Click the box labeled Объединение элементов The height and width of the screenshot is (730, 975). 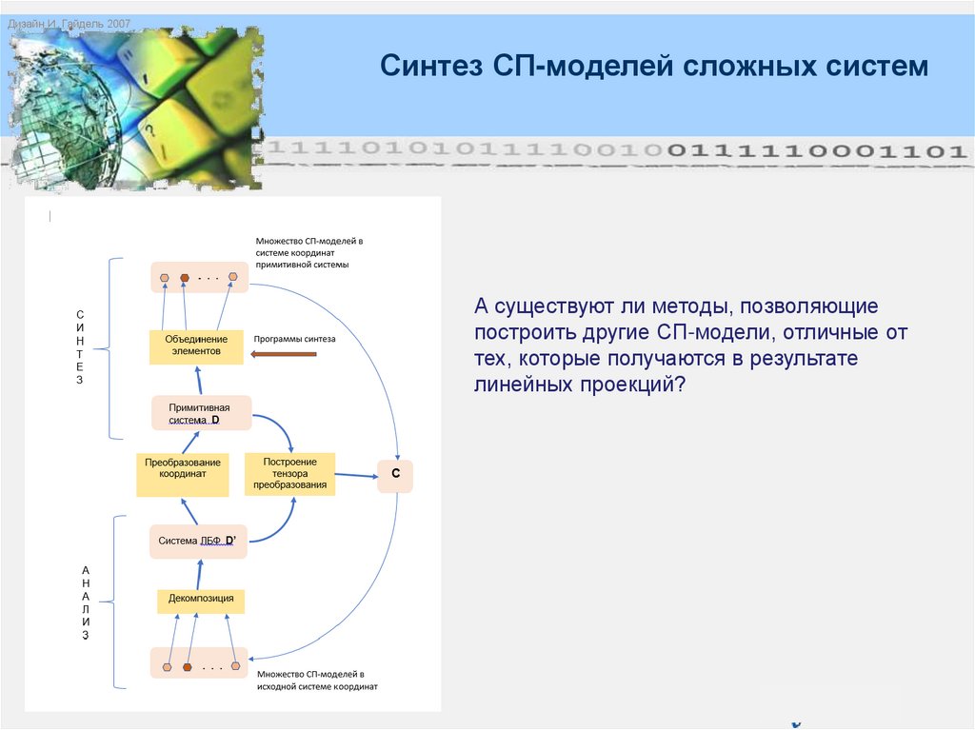click(197, 346)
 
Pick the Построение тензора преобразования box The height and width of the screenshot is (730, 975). click(289, 473)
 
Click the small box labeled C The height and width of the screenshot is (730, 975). click(395, 474)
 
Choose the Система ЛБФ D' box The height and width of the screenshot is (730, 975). click(198, 541)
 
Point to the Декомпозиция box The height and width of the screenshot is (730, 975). click(201, 601)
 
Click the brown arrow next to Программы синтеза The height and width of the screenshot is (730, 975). click(284, 354)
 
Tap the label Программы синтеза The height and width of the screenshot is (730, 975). click(294, 339)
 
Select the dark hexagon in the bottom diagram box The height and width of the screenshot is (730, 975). click(188, 666)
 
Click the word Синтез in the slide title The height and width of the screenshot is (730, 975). click(433, 67)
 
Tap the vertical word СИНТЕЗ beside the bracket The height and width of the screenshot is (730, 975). click(80, 346)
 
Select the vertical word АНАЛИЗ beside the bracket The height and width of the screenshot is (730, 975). click(86, 602)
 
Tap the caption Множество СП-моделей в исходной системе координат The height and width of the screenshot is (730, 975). click(316, 679)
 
